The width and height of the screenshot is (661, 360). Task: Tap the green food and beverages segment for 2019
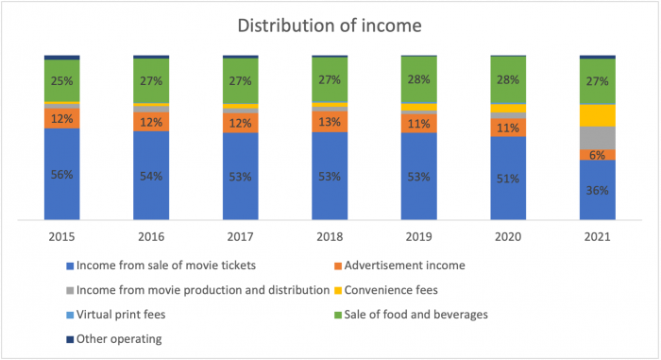tap(419, 79)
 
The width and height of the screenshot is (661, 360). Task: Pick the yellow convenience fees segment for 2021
tap(597, 114)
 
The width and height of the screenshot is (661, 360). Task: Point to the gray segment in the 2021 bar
tap(597, 137)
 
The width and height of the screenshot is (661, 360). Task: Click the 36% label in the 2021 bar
tap(597, 190)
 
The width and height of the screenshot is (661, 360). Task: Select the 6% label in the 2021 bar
tap(597, 155)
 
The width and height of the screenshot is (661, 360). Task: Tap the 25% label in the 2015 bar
tap(62, 79)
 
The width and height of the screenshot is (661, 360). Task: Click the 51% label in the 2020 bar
tap(508, 180)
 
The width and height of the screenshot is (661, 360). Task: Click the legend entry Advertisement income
tap(412, 266)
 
